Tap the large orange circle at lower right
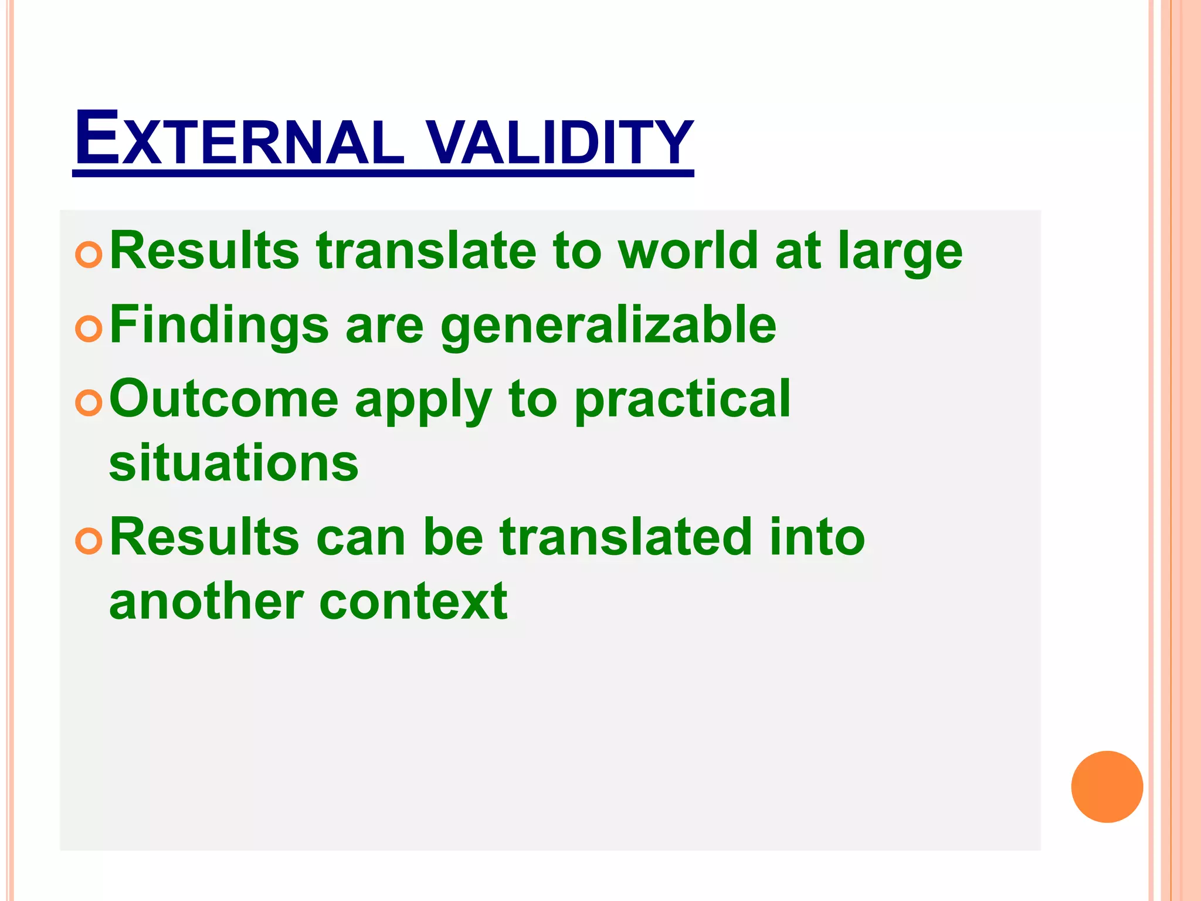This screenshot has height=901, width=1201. click(1107, 787)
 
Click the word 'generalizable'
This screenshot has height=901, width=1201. click(608, 326)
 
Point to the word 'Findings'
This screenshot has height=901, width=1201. click(219, 326)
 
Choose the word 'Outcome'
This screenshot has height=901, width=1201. click(224, 400)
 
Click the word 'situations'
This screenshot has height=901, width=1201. click(233, 463)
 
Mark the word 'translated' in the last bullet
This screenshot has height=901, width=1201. click(626, 537)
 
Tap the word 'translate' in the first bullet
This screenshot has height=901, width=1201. click(426, 251)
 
